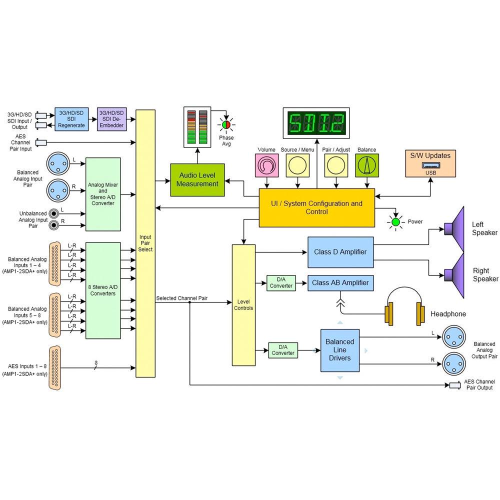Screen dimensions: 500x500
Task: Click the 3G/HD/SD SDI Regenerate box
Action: tap(71, 119)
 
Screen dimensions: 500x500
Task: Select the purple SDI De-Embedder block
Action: tap(111, 119)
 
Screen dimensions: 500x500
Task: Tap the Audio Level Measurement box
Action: tap(197, 180)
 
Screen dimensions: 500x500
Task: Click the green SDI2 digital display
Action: tap(316, 123)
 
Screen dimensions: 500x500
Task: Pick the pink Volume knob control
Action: tap(267, 165)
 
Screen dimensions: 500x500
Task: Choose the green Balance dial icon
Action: tap(367, 165)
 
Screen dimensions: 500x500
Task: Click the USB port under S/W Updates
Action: tap(431, 165)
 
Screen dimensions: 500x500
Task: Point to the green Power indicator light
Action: tap(395, 222)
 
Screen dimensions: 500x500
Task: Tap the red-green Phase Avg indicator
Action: tap(226, 124)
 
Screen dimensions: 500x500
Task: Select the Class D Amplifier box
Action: tap(340, 252)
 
